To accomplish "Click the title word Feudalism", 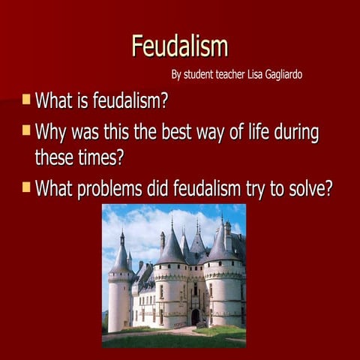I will point(179,46).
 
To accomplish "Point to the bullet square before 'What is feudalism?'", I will point(26,99).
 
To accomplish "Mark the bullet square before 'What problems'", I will point(26,184).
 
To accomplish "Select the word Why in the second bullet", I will point(52,133).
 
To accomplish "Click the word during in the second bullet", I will point(293,133).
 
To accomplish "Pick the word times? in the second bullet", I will point(99,158).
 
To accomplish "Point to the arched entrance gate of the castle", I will point(195,316).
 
